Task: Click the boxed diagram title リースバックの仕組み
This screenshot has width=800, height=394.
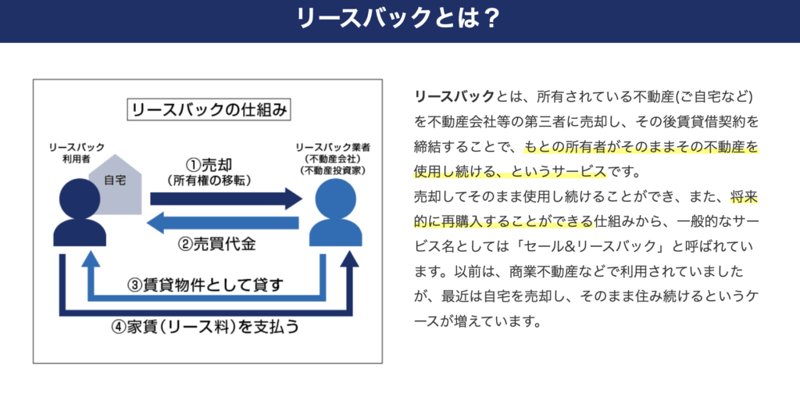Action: tap(208, 110)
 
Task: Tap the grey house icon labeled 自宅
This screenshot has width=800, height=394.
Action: tap(115, 184)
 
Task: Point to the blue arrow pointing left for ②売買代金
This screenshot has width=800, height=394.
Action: tap(222, 223)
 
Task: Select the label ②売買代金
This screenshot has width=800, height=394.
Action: tap(217, 245)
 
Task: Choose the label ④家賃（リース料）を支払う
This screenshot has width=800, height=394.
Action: tap(205, 326)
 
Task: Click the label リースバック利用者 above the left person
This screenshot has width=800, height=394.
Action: tap(77, 152)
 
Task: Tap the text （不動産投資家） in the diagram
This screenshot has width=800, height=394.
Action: tap(334, 169)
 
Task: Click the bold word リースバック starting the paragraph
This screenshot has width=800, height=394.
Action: tap(455, 96)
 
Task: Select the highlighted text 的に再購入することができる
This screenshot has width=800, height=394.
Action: tap(504, 222)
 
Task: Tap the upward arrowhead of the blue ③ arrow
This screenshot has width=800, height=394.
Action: tap(91, 258)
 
